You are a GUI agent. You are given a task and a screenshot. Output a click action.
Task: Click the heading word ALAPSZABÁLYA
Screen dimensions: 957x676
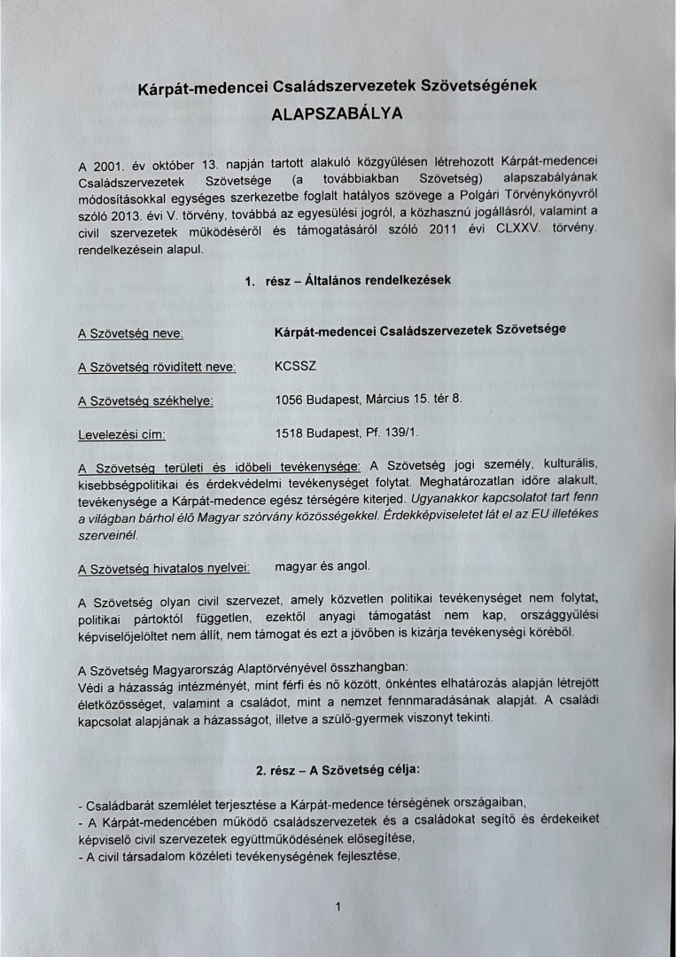coord(337,113)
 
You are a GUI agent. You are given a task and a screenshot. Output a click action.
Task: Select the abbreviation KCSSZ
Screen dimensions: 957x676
coord(295,365)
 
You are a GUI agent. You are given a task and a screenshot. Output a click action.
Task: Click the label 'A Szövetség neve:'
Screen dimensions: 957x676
coord(131,333)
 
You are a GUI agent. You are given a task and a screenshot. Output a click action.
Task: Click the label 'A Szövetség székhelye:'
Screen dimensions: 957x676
coord(145,400)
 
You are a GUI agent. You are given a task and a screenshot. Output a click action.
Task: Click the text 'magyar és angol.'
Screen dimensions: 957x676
coord(322,565)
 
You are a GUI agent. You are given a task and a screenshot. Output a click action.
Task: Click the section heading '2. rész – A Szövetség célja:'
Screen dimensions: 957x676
coord(338,770)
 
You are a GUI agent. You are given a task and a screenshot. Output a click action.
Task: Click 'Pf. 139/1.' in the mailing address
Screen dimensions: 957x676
coord(392,432)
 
